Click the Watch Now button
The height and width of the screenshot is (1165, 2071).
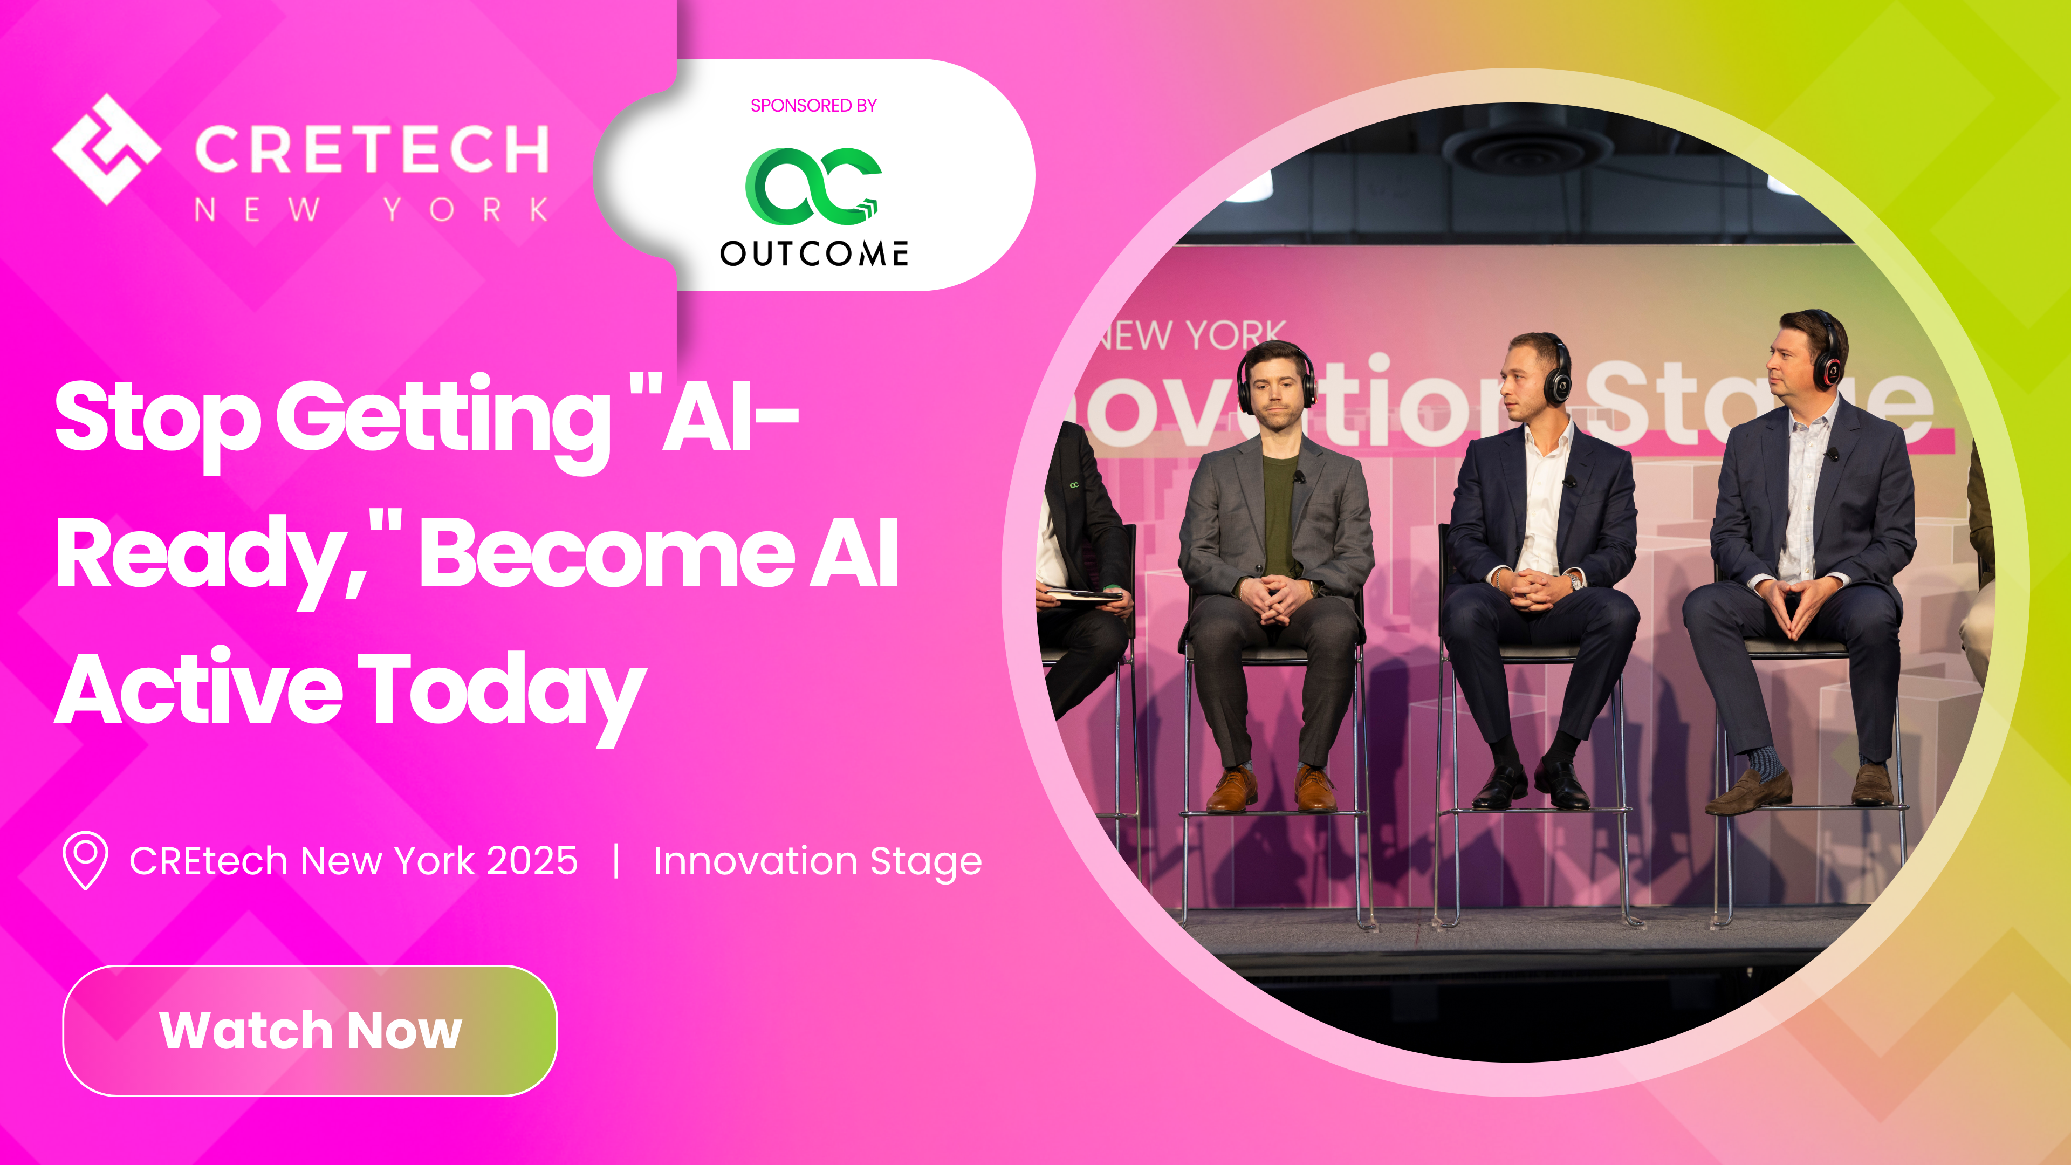tap(310, 1030)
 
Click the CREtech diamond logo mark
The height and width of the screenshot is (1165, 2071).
tap(107, 149)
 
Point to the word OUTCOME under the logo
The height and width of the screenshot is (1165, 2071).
tap(814, 254)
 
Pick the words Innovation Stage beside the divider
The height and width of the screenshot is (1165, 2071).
tap(817, 861)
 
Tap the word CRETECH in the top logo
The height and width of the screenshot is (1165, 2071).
tap(372, 149)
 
